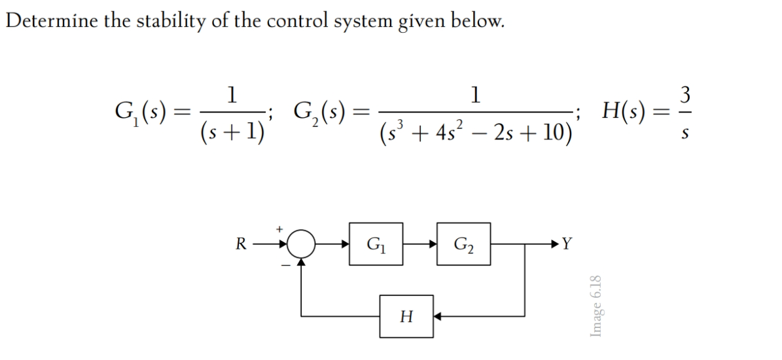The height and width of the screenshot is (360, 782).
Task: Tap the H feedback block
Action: (406, 316)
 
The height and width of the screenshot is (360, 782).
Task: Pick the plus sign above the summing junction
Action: (279, 229)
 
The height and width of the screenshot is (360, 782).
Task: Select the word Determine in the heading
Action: (43, 21)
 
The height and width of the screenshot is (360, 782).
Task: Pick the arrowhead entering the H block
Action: (439, 316)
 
